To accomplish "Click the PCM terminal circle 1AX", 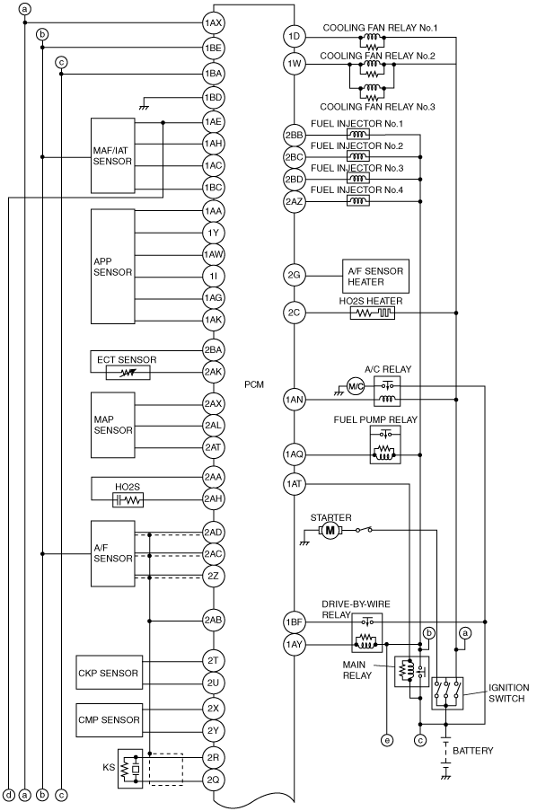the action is (x=213, y=22).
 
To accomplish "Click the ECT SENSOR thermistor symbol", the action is (x=128, y=373).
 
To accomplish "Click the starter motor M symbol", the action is (x=330, y=530).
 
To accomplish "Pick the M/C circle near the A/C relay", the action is (x=356, y=386).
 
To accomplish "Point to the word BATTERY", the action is (x=473, y=751).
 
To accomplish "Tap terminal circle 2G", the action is (x=294, y=275).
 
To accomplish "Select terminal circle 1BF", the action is (x=294, y=621).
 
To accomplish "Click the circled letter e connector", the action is (x=386, y=741).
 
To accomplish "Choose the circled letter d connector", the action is (x=9, y=795).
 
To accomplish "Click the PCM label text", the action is (x=254, y=384).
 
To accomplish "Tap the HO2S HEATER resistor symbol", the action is (x=373, y=313).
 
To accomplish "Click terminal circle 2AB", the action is (x=213, y=620).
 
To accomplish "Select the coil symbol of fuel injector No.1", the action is (x=357, y=135).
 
